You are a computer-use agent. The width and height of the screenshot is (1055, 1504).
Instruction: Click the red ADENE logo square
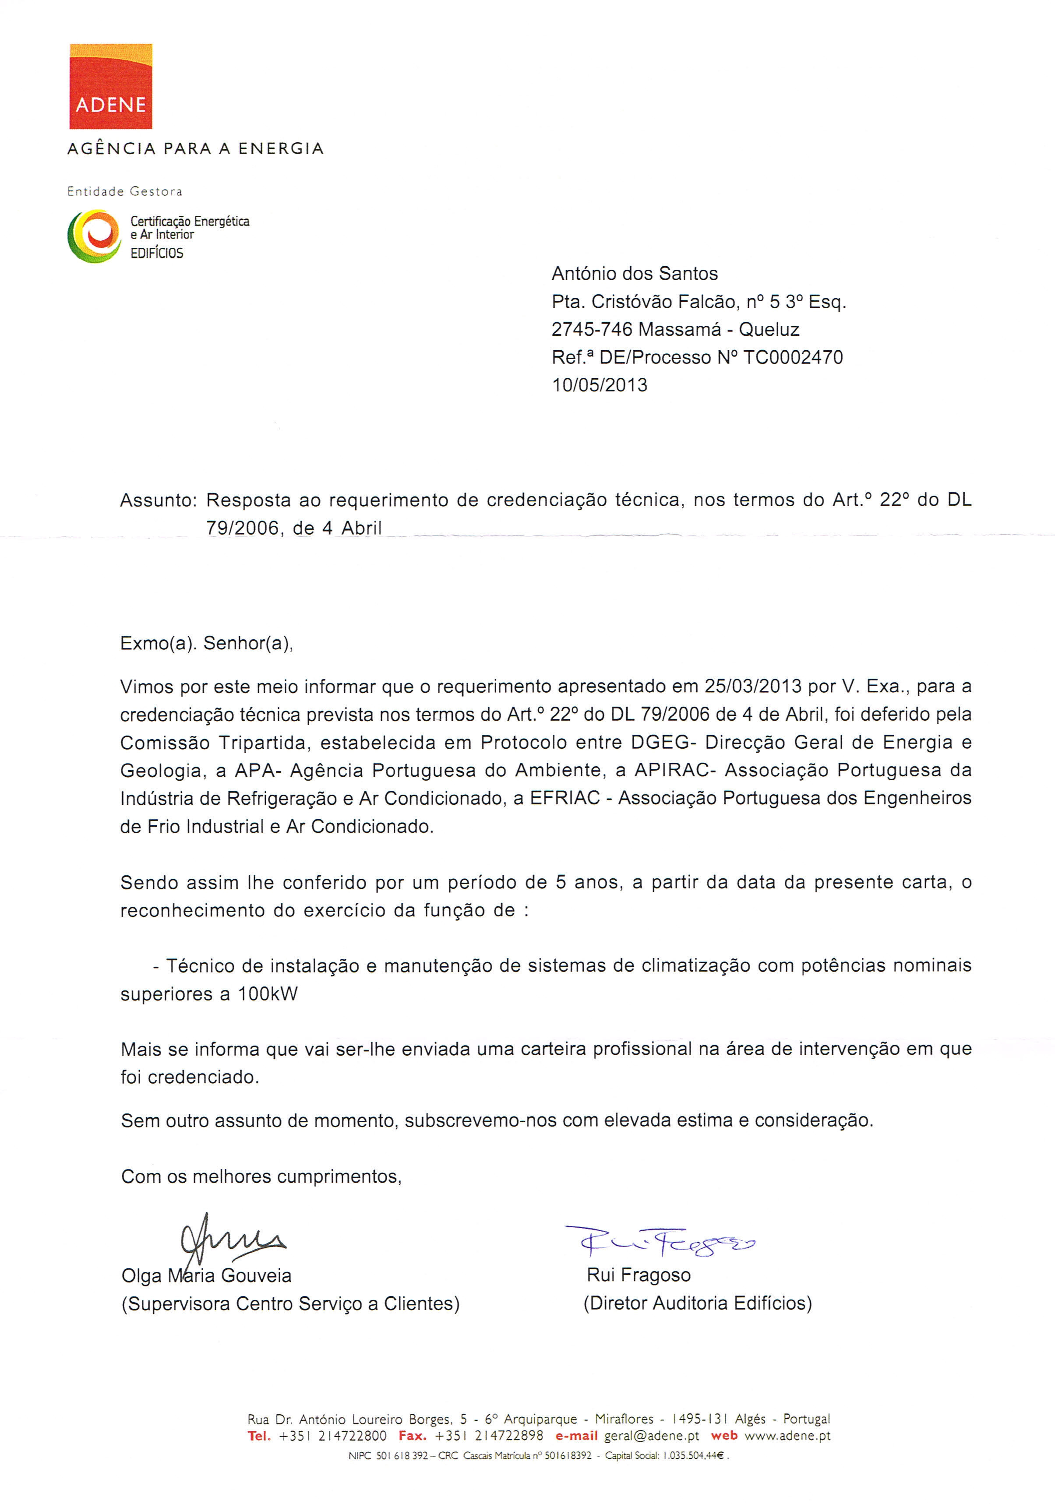click(x=111, y=86)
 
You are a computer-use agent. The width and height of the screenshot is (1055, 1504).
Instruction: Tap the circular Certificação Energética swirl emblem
click(x=94, y=236)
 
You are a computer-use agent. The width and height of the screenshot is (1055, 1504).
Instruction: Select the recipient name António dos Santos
click(x=634, y=274)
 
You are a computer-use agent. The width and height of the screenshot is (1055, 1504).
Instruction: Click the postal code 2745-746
click(x=592, y=330)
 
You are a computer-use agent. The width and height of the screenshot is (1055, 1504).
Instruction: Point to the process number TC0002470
click(x=793, y=358)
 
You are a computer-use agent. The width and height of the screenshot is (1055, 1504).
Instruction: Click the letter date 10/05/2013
click(x=600, y=385)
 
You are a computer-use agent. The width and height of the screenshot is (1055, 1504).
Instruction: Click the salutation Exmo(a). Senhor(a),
click(x=206, y=643)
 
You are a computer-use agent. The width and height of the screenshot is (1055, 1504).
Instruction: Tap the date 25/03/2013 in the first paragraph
click(x=753, y=687)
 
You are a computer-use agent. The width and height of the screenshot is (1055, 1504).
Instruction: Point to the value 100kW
click(x=267, y=994)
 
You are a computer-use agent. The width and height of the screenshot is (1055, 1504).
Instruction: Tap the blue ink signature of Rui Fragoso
click(x=660, y=1240)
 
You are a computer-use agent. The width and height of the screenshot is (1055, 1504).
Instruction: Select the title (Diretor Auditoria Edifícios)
click(x=697, y=1303)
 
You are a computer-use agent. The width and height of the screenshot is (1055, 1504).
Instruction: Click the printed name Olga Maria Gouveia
click(x=206, y=1275)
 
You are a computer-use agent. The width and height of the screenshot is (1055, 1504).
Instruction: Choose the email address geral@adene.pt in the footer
click(x=651, y=1436)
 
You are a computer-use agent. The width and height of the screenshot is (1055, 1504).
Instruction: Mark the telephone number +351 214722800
click(x=332, y=1436)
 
